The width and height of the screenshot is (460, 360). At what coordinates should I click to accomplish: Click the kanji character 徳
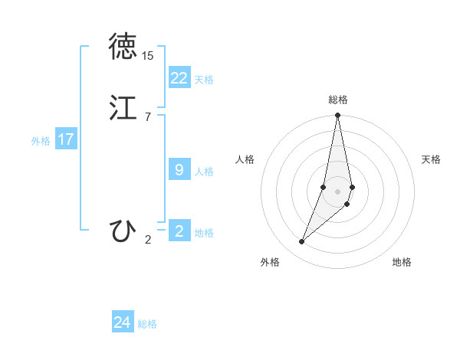click(123, 46)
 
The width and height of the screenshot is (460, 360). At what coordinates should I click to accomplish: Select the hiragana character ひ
click(123, 231)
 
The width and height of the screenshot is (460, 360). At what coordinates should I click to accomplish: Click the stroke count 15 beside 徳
click(147, 56)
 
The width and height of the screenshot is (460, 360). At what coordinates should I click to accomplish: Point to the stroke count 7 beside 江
click(147, 116)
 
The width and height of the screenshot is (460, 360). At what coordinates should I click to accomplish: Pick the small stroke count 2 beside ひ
click(147, 240)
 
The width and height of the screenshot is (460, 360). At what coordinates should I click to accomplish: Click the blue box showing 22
click(179, 77)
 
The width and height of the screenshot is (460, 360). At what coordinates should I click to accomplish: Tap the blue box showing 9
click(179, 170)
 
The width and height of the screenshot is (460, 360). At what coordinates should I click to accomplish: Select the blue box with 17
click(66, 139)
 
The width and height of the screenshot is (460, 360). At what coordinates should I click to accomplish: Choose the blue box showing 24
click(123, 322)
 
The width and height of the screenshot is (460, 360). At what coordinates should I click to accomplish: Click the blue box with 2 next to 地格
click(179, 231)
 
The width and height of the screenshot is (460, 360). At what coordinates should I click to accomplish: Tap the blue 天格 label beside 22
click(204, 79)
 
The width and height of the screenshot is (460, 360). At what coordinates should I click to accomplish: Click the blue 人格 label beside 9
click(204, 172)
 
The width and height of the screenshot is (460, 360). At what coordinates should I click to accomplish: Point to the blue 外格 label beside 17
click(41, 141)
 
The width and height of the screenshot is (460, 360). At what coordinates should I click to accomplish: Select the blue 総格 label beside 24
click(147, 324)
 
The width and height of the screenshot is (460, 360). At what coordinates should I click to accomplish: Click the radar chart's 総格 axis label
click(338, 100)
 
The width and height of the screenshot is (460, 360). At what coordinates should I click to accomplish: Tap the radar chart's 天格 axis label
click(431, 159)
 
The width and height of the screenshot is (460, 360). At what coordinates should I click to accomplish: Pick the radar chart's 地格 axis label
click(402, 262)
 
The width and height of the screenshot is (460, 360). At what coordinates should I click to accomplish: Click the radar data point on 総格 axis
click(338, 116)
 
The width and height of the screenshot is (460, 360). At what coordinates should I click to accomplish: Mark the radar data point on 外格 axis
click(301, 242)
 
